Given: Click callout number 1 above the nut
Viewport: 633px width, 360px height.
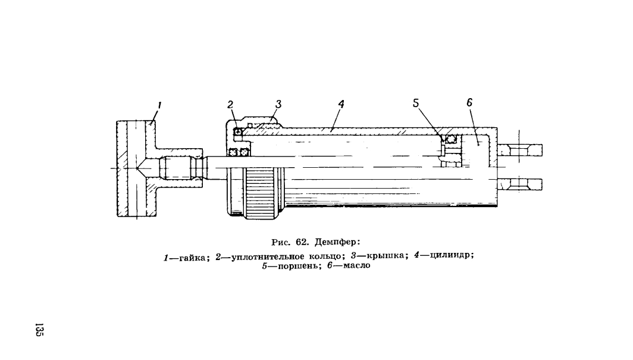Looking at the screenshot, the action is click(x=159, y=106).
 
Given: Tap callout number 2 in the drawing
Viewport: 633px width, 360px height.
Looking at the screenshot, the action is click(x=230, y=105).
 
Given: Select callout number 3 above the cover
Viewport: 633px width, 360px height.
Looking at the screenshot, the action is click(x=278, y=104).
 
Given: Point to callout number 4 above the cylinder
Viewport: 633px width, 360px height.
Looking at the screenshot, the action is click(x=341, y=104).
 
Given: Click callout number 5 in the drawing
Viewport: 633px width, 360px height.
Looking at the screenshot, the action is click(x=416, y=103).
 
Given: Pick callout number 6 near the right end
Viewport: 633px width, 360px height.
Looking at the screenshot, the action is click(x=469, y=102).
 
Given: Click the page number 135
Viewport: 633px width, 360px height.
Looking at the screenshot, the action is click(x=39, y=329).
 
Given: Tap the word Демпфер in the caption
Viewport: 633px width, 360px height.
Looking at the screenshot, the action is click(x=337, y=243).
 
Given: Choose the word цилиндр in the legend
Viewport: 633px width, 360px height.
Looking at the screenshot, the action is click(x=452, y=255).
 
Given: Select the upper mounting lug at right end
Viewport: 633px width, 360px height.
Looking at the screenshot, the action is click(x=519, y=150).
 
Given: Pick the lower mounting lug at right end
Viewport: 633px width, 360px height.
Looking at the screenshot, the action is click(x=519, y=185).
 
